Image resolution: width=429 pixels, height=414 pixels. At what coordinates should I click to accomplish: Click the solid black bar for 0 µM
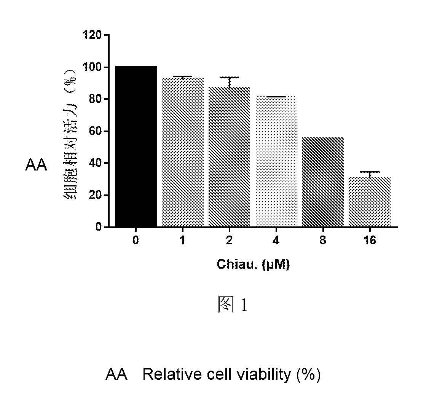[136, 146]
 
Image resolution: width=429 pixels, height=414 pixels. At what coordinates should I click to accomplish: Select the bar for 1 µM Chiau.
[182, 153]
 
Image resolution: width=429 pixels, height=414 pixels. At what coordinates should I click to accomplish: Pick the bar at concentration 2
[229, 157]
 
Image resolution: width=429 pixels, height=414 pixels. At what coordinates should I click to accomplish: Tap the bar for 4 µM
[276, 162]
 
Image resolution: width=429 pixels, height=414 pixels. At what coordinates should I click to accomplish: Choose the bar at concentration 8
[323, 182]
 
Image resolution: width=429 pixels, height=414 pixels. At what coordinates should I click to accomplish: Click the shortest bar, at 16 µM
[370, 202]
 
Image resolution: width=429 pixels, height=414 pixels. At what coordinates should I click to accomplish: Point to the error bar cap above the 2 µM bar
[229, 77]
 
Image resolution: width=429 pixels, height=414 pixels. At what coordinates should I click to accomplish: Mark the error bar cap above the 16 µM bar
[370, 172]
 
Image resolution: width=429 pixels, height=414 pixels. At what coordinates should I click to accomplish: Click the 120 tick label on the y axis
[92, 35]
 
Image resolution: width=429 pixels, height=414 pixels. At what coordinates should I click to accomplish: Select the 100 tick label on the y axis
[92, 67]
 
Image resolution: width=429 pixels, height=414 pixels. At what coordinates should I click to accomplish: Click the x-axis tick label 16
[370, 240]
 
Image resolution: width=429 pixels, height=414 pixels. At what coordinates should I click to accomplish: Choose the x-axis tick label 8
[323, 240]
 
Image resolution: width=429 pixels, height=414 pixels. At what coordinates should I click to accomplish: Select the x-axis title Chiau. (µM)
[253, 264]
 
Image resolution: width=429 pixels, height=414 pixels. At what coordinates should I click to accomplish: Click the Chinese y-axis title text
[70, 134]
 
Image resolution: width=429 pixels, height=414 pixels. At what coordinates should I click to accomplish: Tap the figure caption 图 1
[233, 304]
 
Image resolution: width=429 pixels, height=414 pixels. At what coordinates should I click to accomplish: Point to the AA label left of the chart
[36, 165]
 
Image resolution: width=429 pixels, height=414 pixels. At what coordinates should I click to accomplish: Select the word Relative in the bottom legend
[173, 374]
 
